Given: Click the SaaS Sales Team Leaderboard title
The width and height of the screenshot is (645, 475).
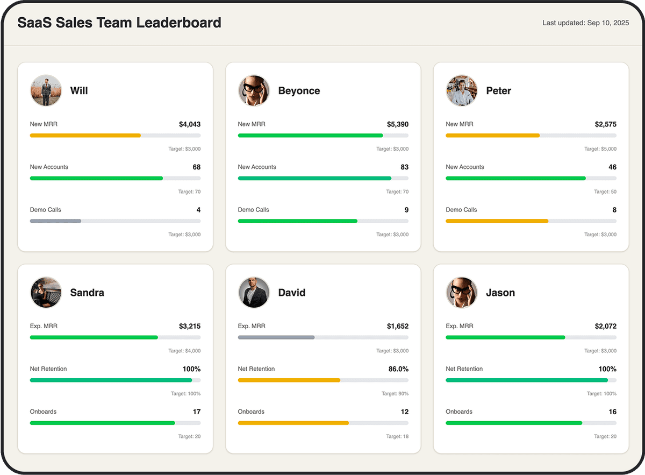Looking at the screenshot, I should [119, 23].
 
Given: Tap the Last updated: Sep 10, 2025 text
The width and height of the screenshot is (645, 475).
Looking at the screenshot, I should [585, 23].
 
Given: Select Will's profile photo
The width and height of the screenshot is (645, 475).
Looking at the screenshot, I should [46, 90].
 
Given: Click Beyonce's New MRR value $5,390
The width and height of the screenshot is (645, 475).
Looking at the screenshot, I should [397, 124].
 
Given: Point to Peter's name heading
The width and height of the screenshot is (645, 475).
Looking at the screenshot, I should [498, 91].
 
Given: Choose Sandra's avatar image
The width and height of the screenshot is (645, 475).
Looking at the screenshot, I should [46, 293].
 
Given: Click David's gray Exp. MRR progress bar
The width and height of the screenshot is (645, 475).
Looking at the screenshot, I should [276, 337].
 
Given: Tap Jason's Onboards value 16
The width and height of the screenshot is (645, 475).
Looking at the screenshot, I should [612, 412].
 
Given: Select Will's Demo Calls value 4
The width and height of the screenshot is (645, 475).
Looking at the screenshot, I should [198, 210].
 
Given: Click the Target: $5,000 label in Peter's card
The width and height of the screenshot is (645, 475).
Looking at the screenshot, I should [600, 149].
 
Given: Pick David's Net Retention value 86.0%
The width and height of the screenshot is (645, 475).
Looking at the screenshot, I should [398, 369].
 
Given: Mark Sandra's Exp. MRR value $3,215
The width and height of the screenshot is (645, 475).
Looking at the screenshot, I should [190, 326].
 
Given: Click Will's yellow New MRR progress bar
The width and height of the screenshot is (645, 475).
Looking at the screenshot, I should [85, 136].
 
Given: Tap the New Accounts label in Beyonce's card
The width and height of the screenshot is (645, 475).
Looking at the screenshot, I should [257, 167].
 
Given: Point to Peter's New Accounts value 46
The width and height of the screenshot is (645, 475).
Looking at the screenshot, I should [612, 167].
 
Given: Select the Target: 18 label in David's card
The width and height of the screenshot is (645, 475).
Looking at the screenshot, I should [397, 436].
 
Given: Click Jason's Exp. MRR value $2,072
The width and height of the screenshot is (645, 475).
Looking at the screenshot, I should [605, 326].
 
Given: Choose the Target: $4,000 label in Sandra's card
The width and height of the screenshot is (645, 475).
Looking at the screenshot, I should [184, 351].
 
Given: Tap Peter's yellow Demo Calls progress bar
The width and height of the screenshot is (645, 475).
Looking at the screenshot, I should [497, 221].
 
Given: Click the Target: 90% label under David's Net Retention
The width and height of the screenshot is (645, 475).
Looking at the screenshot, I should [395, 394].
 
